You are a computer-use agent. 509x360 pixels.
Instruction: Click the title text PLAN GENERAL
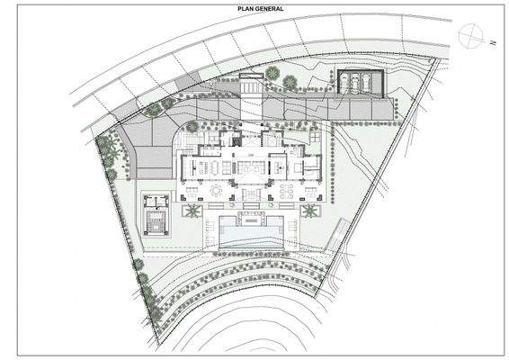coord(254,8)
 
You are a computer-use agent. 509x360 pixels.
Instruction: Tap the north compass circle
coord(469,36)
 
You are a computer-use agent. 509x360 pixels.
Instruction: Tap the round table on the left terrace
coord(216,191)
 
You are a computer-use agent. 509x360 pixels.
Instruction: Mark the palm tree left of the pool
coord(192,211)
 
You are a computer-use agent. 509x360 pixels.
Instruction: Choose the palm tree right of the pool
coord(310,211)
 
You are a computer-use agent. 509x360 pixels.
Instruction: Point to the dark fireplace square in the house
coord(237,140)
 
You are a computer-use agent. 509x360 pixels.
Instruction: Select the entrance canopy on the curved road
coord(253,85)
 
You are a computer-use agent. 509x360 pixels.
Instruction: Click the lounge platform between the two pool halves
coord(250,219)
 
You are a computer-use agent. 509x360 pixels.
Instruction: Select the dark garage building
coord(360,82)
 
